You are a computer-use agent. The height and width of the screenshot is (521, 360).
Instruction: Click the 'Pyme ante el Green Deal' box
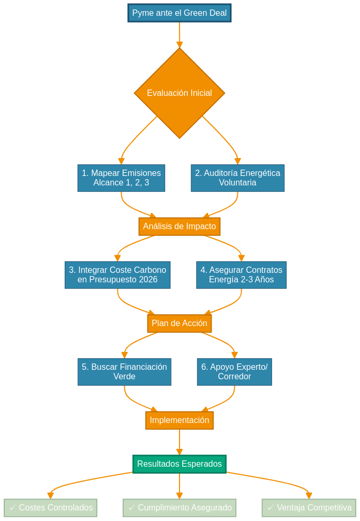(x=179, y=13)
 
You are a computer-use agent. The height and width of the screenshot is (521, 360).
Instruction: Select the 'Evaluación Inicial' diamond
(x=179, y=93)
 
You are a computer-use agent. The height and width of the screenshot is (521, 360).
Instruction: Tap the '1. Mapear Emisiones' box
(x=121, y=178)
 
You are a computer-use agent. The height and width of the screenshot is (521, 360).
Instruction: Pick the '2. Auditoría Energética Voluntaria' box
(x=237, y=178)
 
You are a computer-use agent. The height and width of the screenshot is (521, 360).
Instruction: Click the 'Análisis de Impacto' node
(x=179, y=227)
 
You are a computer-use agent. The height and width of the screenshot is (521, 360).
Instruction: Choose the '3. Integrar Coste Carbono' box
(x=117, y=275)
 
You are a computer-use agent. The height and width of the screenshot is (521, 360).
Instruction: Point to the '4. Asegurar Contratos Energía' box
(x=241, y=275)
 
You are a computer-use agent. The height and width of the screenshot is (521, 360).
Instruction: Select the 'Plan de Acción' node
(x=179, y=323)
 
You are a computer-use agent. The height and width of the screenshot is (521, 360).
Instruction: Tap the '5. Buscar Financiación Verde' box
(x=124, y=372)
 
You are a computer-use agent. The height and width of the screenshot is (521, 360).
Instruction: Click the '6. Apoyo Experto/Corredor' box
(x=234, y=372)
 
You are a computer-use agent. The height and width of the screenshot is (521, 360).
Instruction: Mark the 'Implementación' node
(x=179, y=420)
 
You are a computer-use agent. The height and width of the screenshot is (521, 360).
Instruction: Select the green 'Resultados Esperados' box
(x=179, y=464)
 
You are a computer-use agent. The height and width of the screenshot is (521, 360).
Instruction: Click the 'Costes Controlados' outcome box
(x=51, y=508)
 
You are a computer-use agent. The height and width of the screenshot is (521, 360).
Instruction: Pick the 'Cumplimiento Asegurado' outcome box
(x=179, y=508)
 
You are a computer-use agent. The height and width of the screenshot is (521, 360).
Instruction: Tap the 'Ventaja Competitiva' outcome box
(x=309, y=508)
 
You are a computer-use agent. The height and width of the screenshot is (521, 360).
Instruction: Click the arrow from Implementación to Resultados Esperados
(x=179, y=441)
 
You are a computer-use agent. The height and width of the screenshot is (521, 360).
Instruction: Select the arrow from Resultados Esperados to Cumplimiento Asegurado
(x=179, y=486)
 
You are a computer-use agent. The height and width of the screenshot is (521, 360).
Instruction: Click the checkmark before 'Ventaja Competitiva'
(x=271, y=508)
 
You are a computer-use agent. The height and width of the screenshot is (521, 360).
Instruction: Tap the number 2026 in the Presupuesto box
(x=148, y=280)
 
